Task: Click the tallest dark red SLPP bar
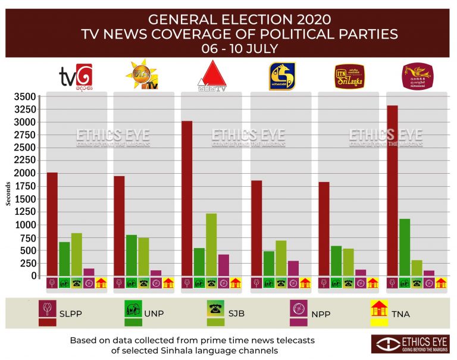392,190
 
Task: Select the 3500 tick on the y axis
24,96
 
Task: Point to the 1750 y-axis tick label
24,186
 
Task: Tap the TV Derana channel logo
76,76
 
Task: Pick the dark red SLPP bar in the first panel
52,224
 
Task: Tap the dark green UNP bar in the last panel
404,248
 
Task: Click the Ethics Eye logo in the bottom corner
410,344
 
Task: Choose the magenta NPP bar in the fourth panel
293,268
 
